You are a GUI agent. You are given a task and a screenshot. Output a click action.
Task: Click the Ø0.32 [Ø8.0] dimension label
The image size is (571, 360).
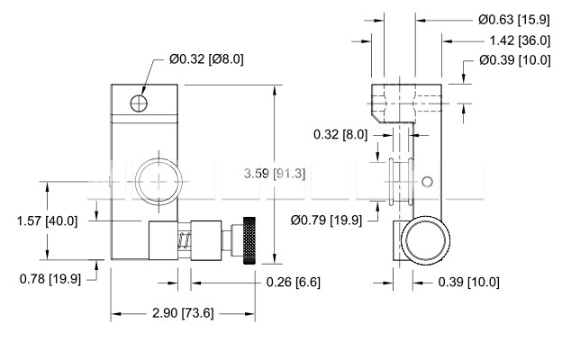(x=206, y=59)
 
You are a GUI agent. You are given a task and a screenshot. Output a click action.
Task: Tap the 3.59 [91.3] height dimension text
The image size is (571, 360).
(x=274, y=174)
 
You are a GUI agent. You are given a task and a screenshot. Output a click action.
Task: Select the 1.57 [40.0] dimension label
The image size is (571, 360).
(x=48, y=220)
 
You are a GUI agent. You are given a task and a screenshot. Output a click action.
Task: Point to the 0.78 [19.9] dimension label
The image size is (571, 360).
(x=50, y=279)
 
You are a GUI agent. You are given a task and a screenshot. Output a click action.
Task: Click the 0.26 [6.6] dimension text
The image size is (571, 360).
(x=293, y=282)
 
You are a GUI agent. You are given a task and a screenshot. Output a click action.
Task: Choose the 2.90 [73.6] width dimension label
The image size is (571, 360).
(x=183, y=312)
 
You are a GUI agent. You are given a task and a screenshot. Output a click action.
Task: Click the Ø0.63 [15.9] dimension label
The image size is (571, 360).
(x=514, y=19)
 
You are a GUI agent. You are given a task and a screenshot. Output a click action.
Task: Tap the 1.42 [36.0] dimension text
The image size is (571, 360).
(x=520, y=40)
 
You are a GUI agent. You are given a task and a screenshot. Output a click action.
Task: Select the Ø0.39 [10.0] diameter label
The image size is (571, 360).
(x=514, y=60)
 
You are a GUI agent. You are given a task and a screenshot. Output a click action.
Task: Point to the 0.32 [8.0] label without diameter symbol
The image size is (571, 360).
(x=340, y=135)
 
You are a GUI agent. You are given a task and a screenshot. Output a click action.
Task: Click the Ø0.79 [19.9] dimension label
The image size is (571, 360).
(x=326, y=220)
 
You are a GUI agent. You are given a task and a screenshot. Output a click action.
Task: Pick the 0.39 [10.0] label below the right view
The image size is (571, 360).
(x=468, y=282)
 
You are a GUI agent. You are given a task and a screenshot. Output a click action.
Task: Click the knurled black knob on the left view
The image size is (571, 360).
(x=249, y=240)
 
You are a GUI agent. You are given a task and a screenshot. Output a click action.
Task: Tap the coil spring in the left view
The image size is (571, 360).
(x=185, y=240)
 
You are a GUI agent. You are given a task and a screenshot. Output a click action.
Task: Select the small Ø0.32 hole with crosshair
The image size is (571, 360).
(x=139, y=103)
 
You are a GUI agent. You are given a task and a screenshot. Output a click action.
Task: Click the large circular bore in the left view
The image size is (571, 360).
(x=159, y=181)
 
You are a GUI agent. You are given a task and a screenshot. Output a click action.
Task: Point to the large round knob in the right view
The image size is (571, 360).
(x=425, y=240)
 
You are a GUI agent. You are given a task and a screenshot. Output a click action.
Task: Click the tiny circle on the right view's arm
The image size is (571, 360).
(x=427, y=182)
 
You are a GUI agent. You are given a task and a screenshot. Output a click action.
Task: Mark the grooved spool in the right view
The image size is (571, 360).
(x=401, y=181)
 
